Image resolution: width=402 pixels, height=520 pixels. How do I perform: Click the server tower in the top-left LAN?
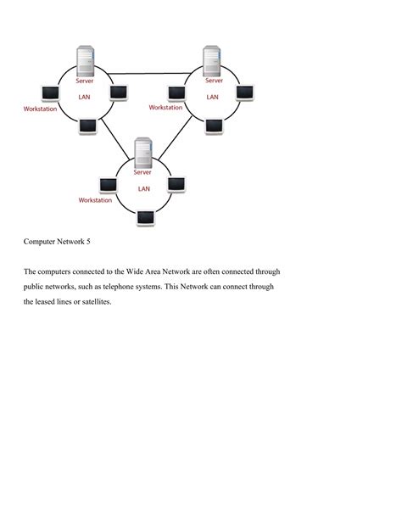[85, 62]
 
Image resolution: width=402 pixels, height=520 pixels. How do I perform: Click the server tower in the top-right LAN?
[213, 61]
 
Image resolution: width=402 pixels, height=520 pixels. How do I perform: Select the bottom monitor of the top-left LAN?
[87, 126]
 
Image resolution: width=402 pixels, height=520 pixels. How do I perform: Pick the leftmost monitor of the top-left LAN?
[50, 92]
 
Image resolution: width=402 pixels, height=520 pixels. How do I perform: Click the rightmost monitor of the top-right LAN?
[245, 92]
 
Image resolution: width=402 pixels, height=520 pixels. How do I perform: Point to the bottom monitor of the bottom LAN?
[146, 217]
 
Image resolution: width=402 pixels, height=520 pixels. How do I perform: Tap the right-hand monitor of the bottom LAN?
[176, 183]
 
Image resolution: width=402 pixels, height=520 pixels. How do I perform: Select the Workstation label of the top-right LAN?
[165, 108]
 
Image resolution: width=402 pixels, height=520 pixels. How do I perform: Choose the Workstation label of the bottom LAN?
[95, 200]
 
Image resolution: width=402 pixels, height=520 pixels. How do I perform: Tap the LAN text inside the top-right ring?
[213, 97]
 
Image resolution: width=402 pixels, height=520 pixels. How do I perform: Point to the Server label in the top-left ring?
[84, 81]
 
